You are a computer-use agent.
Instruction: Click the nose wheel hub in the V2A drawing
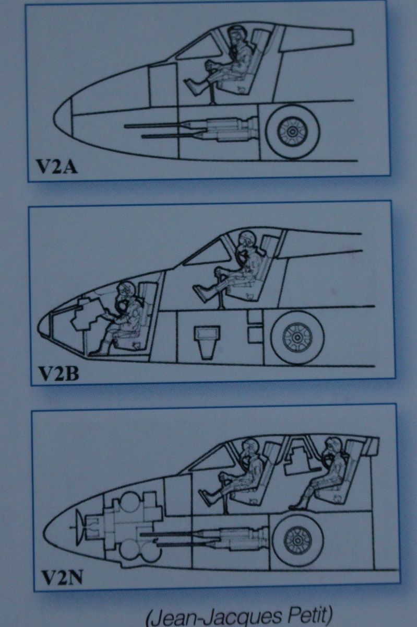coord(292,131)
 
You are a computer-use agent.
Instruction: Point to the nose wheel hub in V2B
coord(297,338)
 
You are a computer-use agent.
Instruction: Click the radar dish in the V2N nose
coord(79,527)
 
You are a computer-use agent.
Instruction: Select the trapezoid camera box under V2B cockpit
coord(207,342)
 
